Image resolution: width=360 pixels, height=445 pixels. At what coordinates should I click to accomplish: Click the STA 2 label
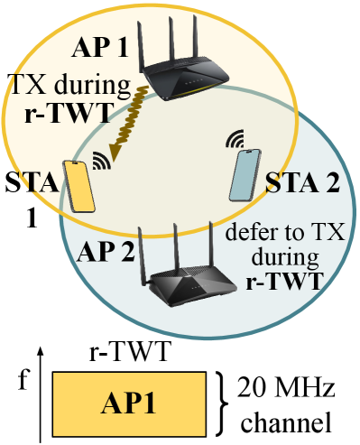click(303, 187)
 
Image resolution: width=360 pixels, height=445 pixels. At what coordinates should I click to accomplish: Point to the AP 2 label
click(106, 251)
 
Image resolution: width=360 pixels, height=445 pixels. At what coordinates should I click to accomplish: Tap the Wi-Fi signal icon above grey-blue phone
click(235, 140)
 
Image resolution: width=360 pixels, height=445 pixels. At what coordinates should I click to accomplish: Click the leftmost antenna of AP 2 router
click(147, 241)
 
